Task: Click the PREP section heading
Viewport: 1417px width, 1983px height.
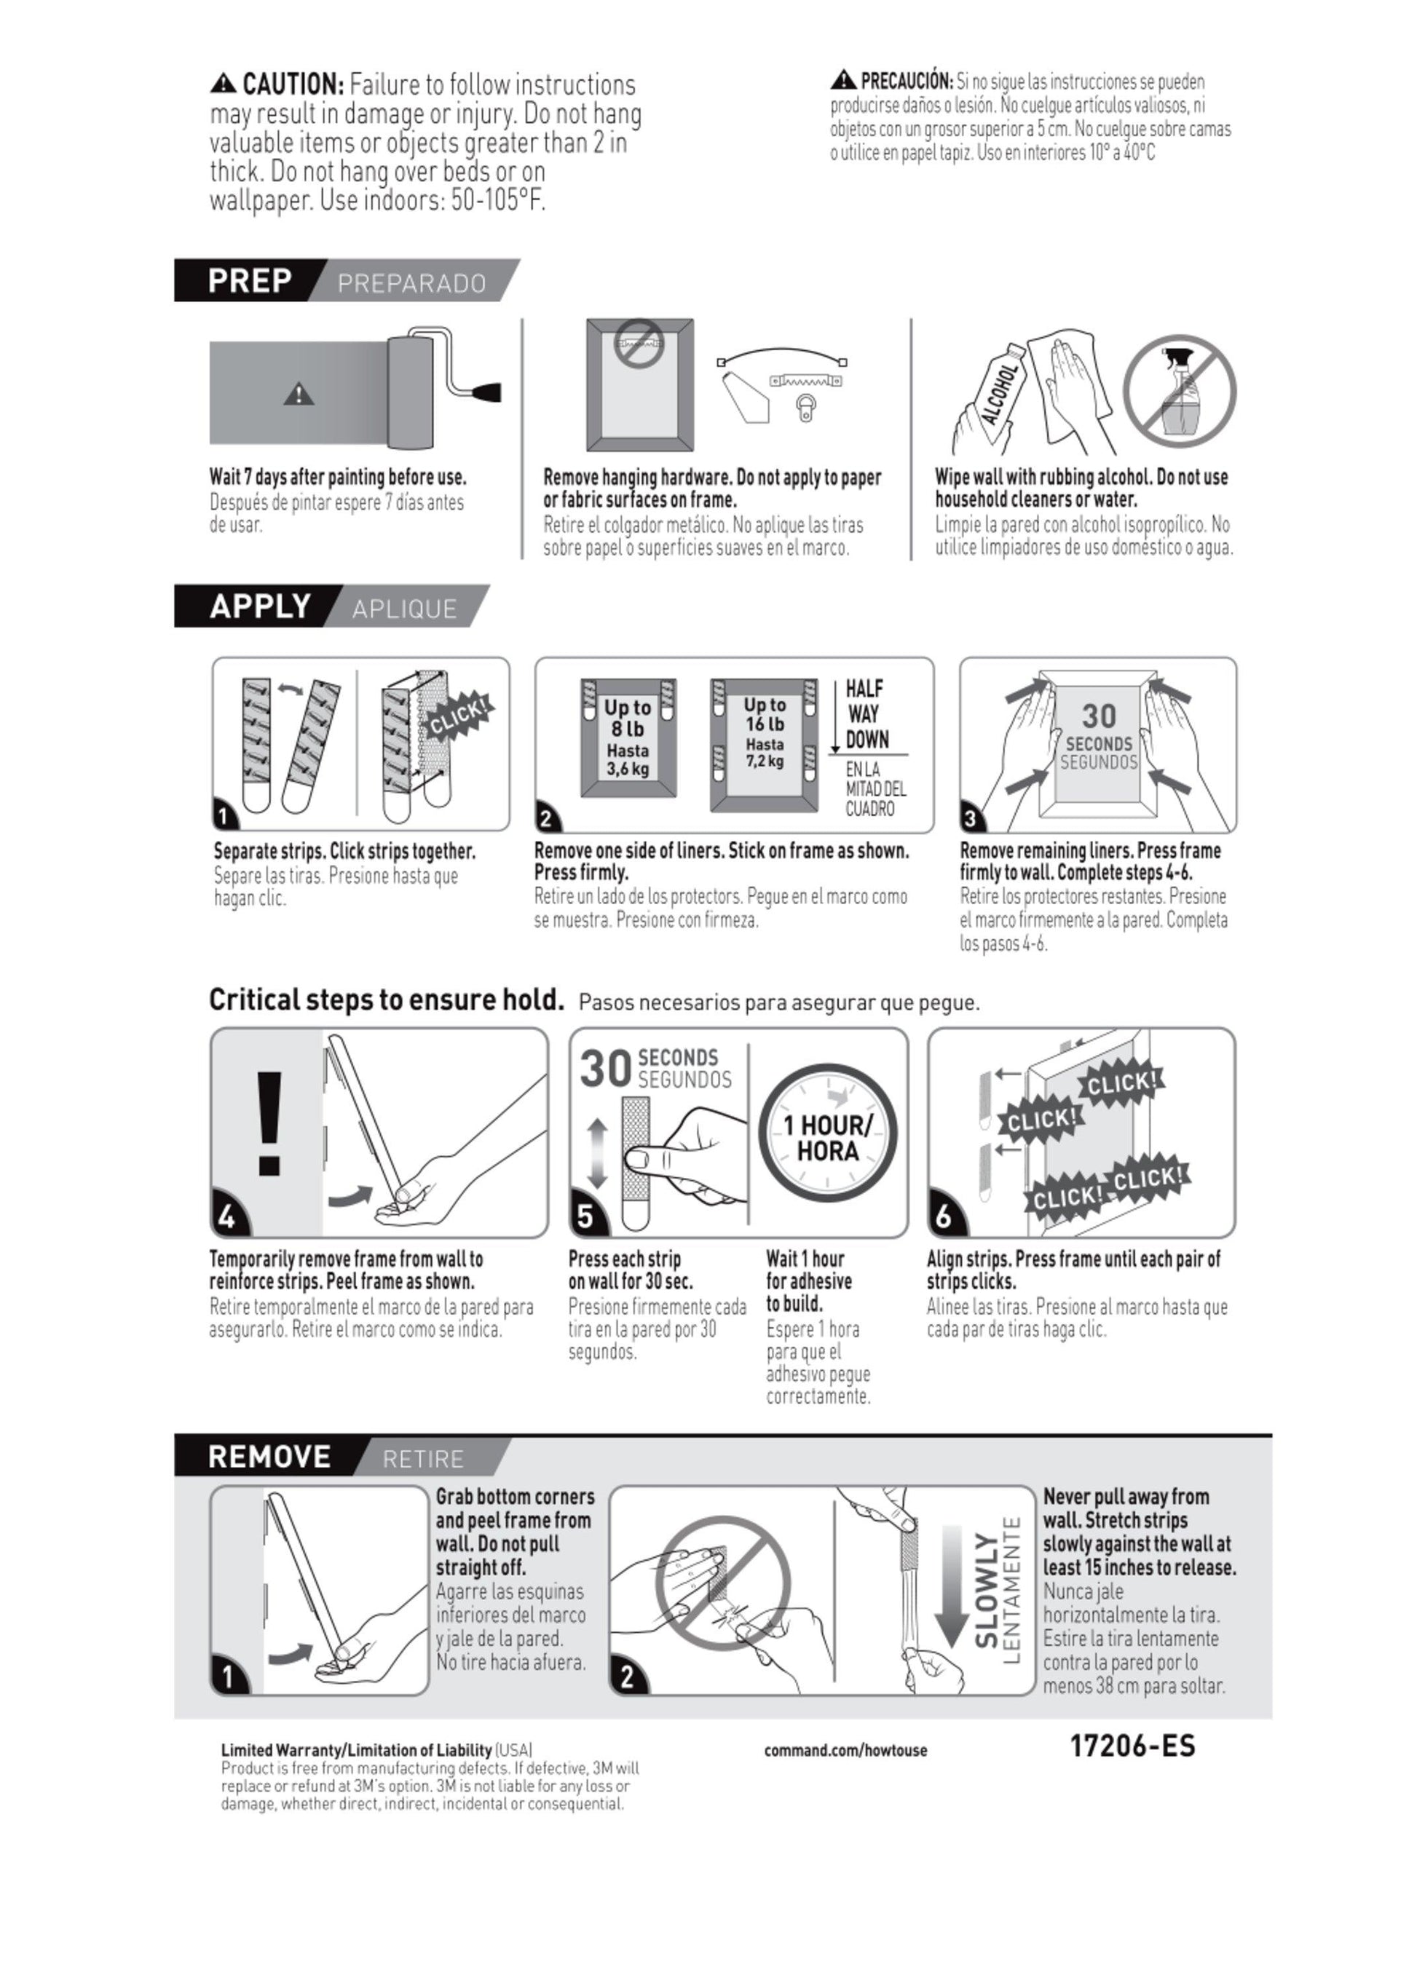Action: pyautogui.click(x=250, y=281)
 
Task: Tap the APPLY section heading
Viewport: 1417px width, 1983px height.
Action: pyautogui.click(x=260, y=606)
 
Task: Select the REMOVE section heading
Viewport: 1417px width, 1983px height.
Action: pyautogui.click(x=269, y=1456)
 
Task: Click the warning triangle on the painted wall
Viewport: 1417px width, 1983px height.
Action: pyautogui.click(x=299, y=395)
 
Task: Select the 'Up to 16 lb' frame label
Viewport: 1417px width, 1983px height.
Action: pyautogui.click(x=765, y=713)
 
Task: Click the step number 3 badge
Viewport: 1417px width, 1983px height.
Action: pyautogui.click(x=970, y=818)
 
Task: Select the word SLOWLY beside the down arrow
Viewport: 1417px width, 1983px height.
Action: pyautogui.click(x=986, y=1591)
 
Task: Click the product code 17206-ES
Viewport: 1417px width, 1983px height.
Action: pyautogui.click(x=1132, y=1746)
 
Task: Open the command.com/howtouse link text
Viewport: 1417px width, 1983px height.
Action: pyautogui.click(x=845, y=1749)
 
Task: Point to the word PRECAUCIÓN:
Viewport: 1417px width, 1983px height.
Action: pyautogui.click(x=907, y=81)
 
